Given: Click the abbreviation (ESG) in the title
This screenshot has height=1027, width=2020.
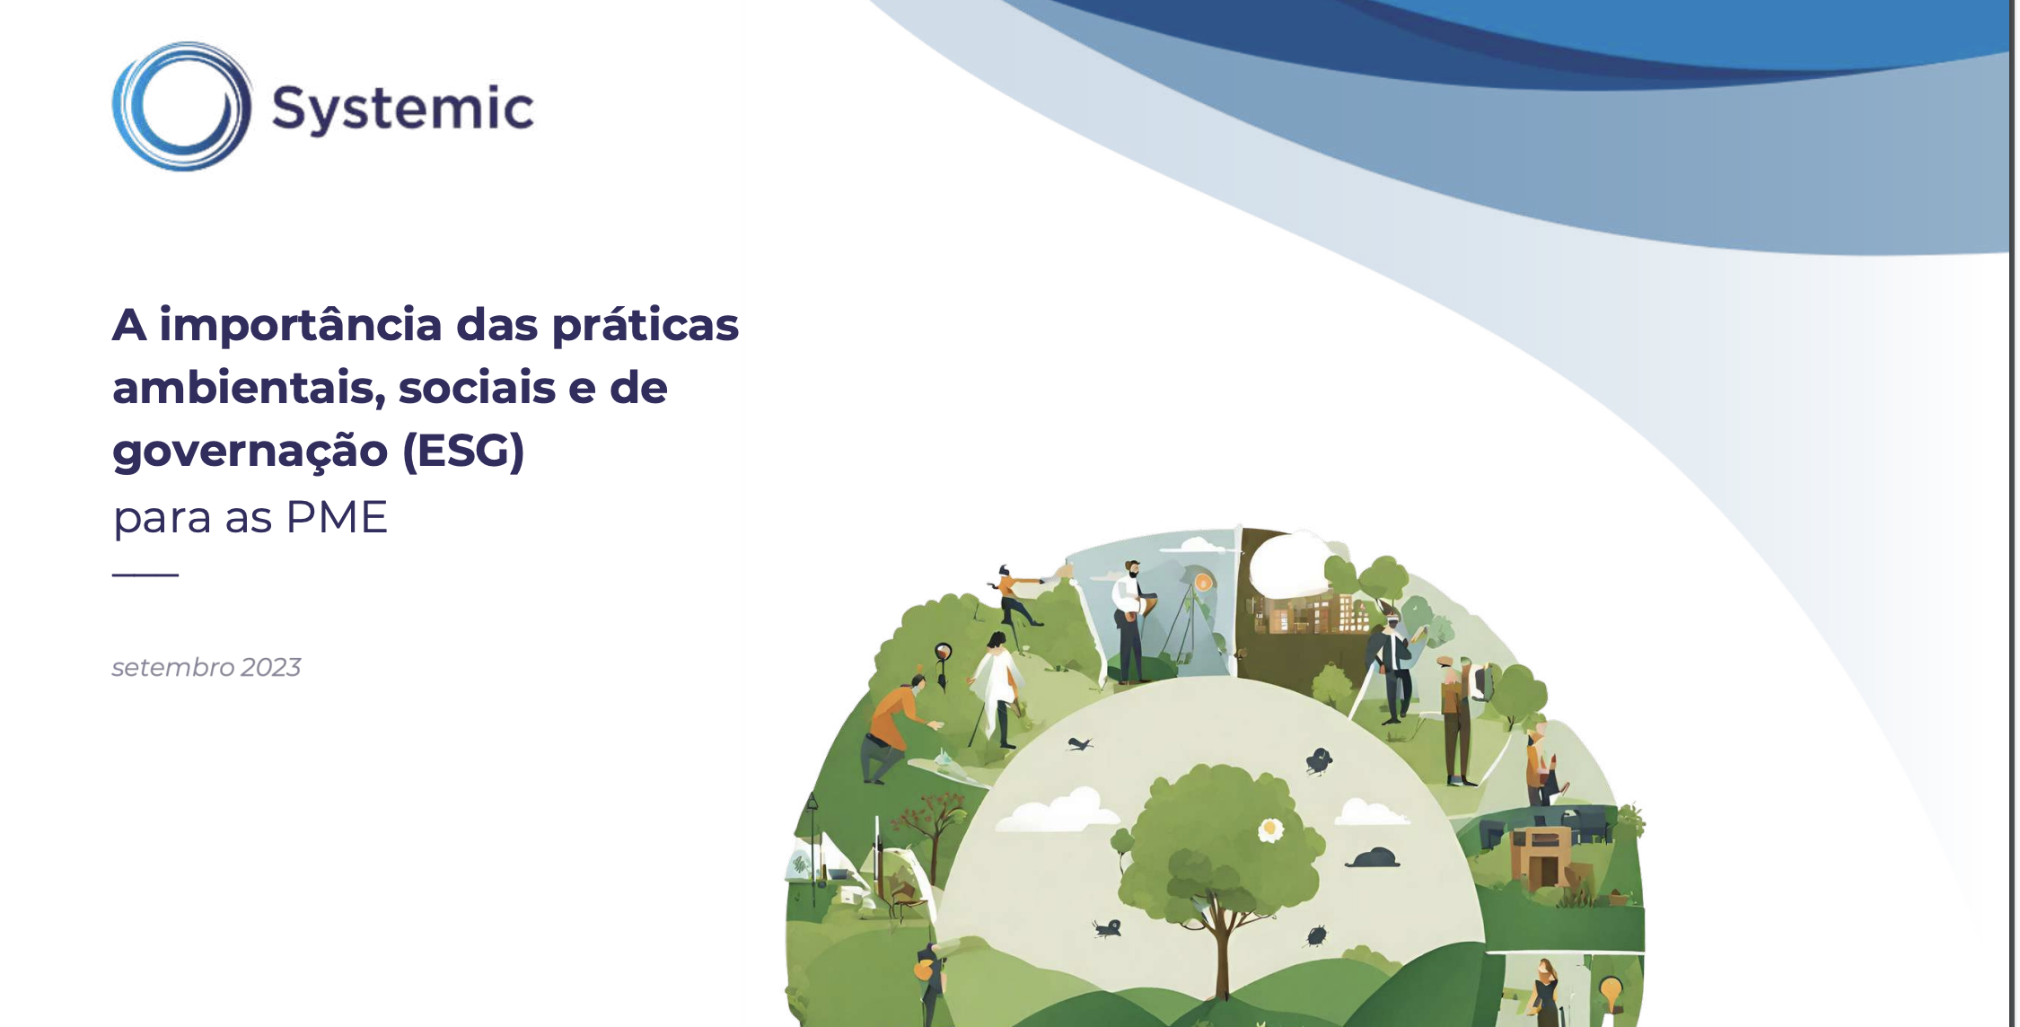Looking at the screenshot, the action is coord(463,451).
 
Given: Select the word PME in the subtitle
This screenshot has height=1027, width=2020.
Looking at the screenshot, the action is coord(337,518).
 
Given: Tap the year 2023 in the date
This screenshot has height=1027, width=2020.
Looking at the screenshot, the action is coord(270,667).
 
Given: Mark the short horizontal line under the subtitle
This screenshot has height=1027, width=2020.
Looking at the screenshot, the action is coord(145,574).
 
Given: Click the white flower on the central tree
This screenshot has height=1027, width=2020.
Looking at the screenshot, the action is coord(1270,829).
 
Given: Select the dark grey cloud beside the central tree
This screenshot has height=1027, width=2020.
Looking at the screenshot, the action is coord(1373,857).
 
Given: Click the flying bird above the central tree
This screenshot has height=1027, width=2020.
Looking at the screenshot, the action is coord(1079,743).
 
